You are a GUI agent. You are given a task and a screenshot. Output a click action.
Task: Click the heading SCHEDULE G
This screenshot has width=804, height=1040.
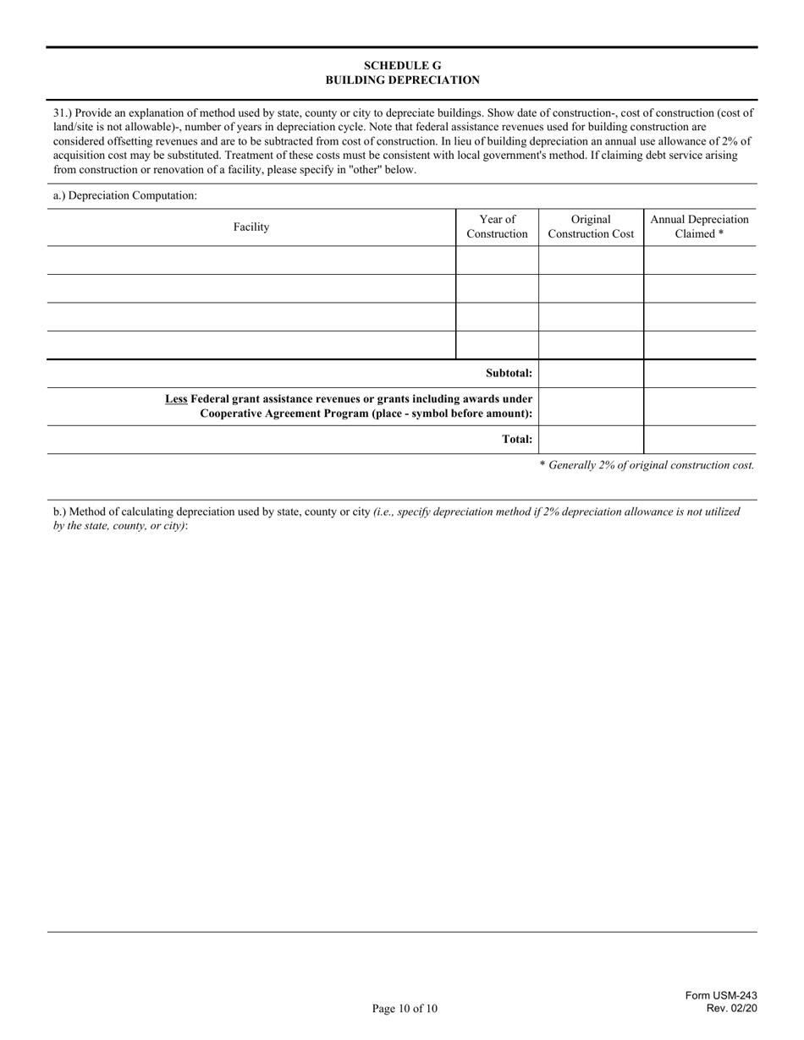pos(402,65)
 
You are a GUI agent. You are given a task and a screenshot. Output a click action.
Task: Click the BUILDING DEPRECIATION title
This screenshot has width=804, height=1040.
pos(402,80)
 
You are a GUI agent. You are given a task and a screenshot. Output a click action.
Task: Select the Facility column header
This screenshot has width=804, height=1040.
pos(251,227)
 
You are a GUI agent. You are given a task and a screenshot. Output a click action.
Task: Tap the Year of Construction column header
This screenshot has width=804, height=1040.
pos(497,227)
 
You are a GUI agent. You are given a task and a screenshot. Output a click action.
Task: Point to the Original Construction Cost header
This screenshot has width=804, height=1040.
pos(591,227)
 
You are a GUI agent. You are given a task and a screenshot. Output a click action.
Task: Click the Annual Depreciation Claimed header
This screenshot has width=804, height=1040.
pos(699,227)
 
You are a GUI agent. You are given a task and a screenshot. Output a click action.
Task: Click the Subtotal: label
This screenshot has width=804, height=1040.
pos(509,373)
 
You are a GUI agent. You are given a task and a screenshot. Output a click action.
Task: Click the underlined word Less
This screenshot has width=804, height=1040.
pos(176,398)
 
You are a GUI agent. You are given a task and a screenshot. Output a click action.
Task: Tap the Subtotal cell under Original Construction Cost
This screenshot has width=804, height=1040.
pos(591,373)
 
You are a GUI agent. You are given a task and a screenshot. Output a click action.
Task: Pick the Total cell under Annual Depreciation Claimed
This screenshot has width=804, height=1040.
pos(699,439)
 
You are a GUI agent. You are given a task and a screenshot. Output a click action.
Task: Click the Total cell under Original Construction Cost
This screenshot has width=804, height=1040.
pos(591,439)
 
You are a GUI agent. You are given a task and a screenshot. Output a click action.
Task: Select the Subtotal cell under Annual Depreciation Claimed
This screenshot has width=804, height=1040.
pos(699,373)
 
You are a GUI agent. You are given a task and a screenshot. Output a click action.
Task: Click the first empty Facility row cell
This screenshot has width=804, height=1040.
pos(251,260)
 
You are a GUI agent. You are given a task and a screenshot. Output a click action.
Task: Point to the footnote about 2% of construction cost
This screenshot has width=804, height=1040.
pos(647,465)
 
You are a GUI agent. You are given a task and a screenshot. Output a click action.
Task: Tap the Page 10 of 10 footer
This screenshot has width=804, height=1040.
pos(405,1008)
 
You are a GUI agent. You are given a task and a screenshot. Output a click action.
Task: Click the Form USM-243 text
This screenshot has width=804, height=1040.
pos(721,996)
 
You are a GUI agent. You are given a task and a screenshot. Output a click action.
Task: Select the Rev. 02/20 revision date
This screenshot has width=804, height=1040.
pos(732,1008)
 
